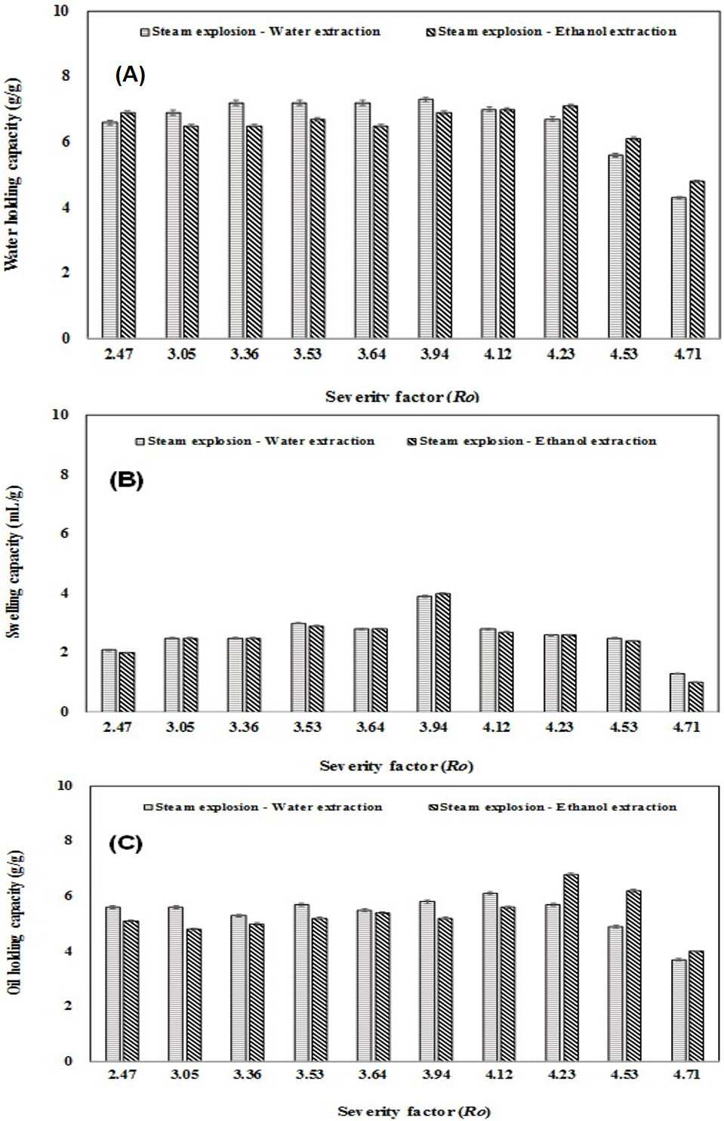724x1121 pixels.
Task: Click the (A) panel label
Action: [x=130, y=76]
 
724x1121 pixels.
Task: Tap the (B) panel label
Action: [x=126, y=480]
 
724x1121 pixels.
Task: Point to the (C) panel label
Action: [x=125, y=844]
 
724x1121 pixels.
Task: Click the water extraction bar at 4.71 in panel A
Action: [x=679, y=267]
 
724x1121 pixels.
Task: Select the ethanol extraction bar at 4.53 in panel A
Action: [x=633, y=238]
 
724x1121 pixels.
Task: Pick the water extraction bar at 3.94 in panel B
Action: [x=424, y=653]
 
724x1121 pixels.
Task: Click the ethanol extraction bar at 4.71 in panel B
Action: [x=695, y=696]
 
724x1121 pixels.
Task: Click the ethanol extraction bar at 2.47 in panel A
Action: [x=128, y=225]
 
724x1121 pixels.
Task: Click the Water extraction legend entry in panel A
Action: [x=260, y=32]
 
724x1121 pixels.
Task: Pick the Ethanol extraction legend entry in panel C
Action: [x=553, y=807]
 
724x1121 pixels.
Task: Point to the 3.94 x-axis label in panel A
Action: [x=433, y=354]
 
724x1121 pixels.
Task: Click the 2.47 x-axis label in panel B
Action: [x=118, y=726]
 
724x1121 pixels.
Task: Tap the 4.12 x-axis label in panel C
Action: [x=498, y=1074]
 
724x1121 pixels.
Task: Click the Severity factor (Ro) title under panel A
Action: [x=402, y=397]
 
